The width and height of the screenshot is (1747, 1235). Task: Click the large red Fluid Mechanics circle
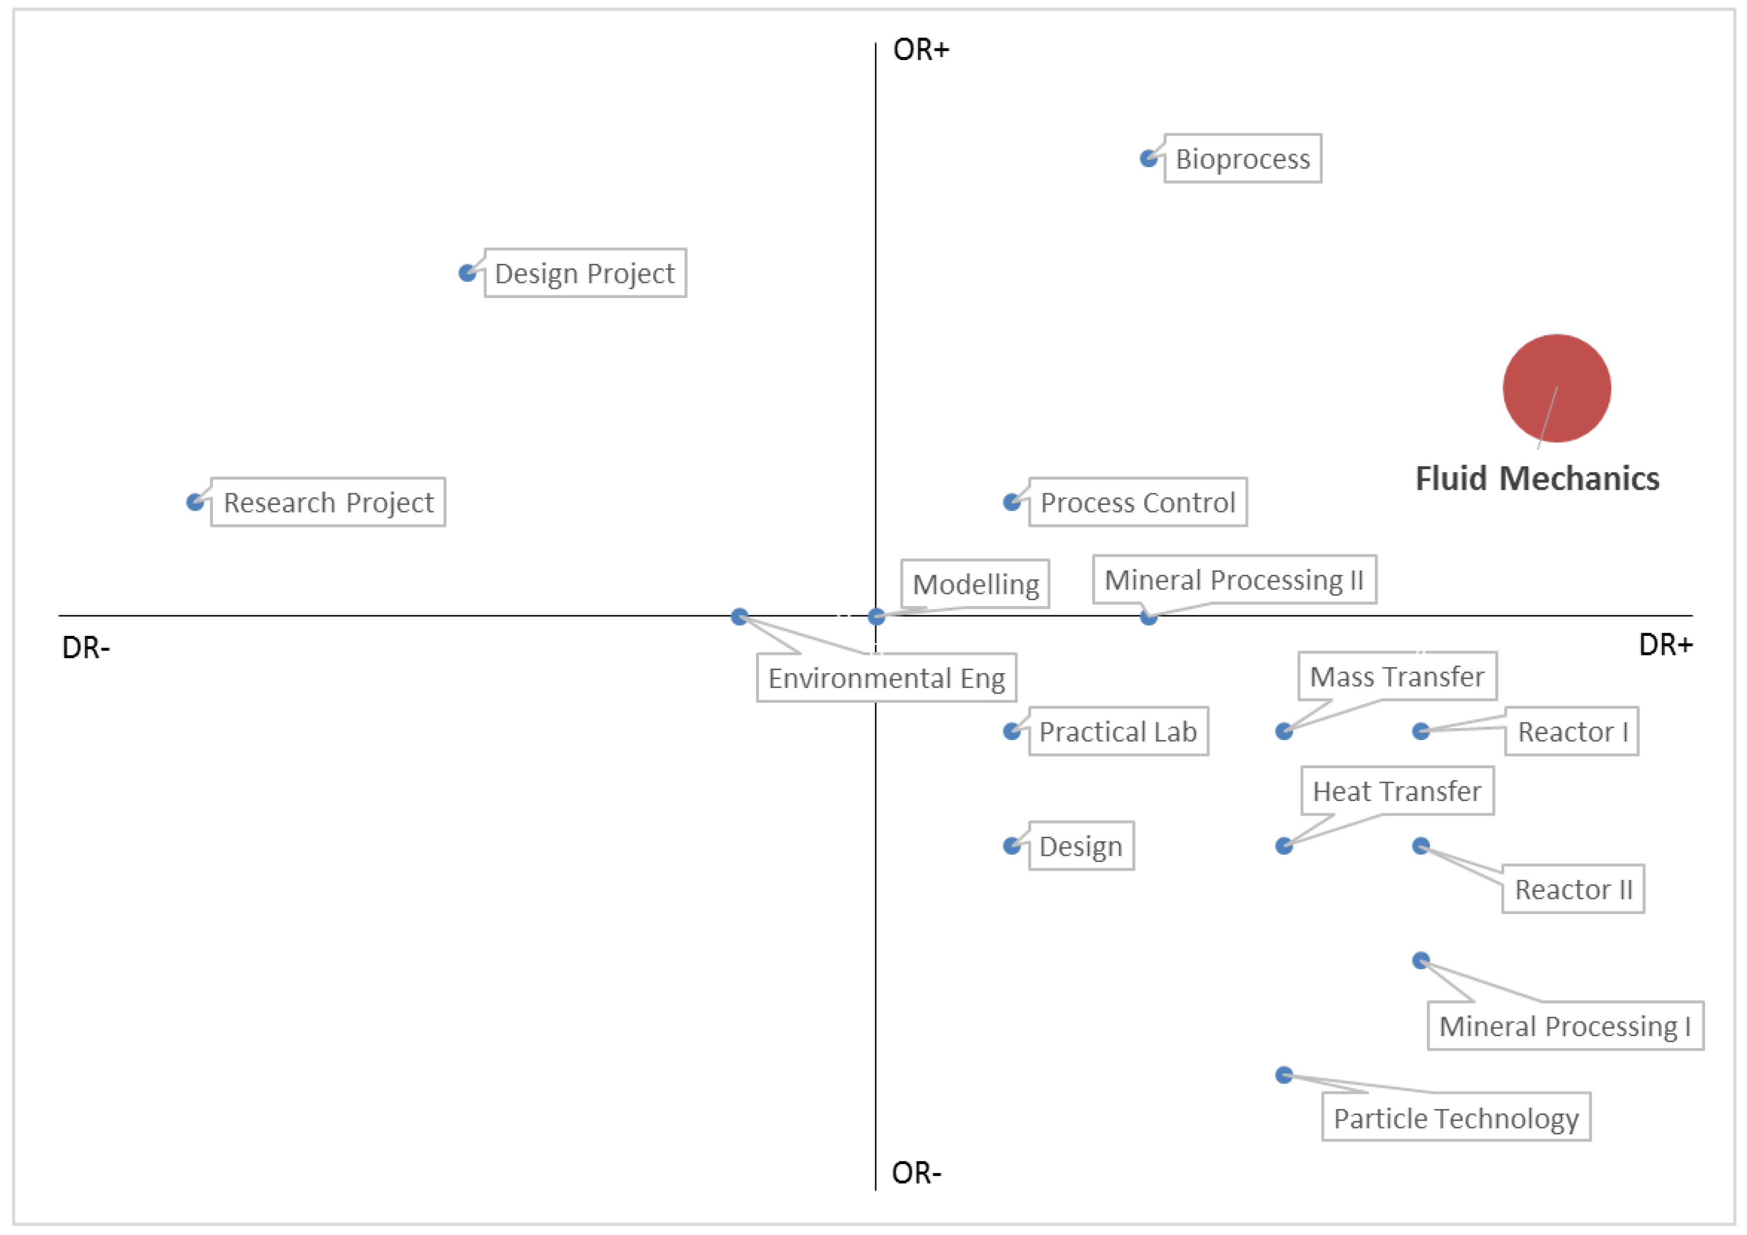coord(1556,388)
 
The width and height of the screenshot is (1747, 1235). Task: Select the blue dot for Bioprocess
coord(1148,158)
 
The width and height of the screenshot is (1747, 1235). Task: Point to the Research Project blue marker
coord(195,502)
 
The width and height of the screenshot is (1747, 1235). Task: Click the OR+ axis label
coord(921,50)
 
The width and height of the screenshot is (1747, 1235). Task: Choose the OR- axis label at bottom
coord(916,1173)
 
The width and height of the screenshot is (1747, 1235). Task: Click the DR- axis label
coord(86,648)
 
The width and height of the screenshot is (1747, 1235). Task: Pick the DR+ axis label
coord(1665,645)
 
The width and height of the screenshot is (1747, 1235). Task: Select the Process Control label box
coord(1137,502)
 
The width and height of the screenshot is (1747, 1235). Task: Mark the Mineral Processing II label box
coord(1234,580)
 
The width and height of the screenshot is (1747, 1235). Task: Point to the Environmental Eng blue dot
coord(739,616)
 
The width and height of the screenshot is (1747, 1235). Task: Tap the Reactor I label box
coord(1571,731)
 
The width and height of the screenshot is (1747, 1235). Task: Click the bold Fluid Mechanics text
coord(1537,479)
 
